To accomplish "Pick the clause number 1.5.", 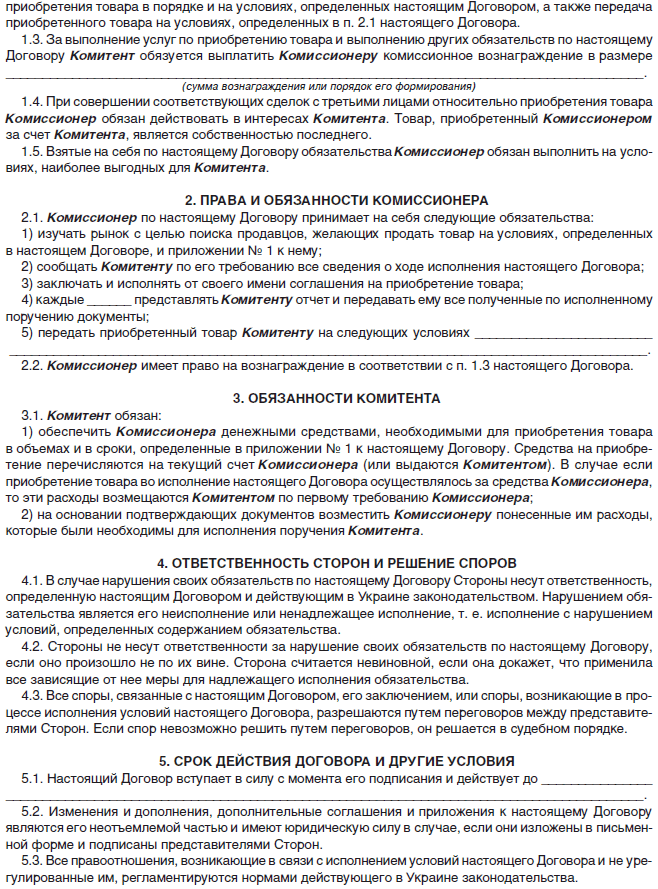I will (32, 151).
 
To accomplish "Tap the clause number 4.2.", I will (32, 645).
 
